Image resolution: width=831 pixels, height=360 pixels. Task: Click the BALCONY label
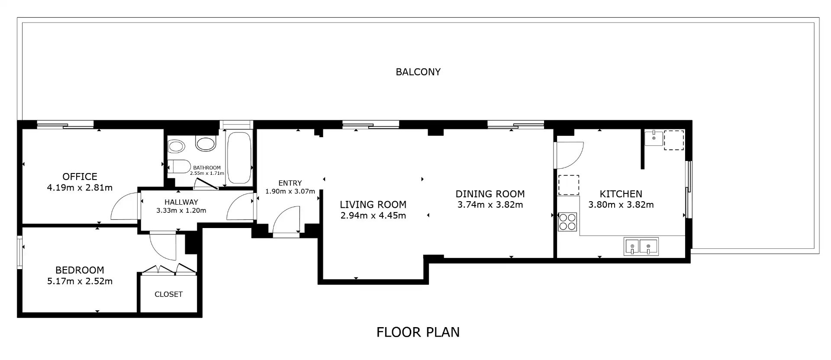point(418,72)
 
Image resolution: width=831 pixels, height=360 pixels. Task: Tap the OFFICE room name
point(80,177)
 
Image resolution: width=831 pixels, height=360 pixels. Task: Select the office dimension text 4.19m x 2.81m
point(80,188)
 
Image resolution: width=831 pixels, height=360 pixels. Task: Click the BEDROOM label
point(80,270)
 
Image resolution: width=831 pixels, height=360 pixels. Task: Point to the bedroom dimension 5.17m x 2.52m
point(80,281)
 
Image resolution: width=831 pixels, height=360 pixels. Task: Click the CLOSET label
point(168,294)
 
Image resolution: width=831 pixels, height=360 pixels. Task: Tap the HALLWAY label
point(181,202)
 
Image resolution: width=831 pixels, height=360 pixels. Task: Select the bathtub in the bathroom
point(239,157)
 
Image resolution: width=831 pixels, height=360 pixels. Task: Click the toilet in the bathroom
point(179,167)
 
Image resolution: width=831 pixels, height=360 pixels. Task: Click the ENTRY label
point(290,183)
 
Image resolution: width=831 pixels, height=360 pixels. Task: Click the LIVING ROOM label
point(373,205)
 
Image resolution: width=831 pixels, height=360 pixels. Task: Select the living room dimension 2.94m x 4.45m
point(373,215)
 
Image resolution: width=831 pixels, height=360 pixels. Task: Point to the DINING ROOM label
point(490,194)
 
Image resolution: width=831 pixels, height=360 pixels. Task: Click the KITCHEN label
point(621,194)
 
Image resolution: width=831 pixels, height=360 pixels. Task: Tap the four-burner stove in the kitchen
point(567,222)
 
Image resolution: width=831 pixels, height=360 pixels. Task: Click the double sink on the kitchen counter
point(641,247)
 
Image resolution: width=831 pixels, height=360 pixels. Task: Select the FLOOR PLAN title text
point(418,332)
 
